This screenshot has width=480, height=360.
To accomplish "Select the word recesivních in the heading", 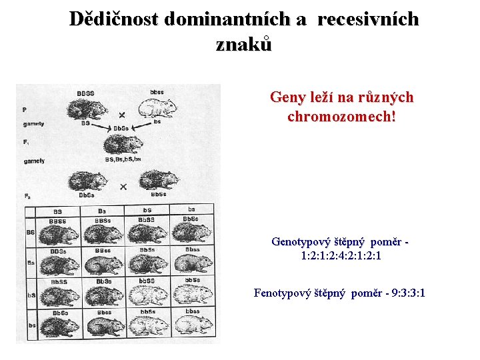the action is (368, 19).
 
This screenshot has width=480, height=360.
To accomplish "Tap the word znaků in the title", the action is (244, 44).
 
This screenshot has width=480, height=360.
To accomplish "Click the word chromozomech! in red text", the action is (341, 116).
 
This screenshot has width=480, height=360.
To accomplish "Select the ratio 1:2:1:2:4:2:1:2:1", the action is (341, 255).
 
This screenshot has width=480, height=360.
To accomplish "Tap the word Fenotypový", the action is (283, 293).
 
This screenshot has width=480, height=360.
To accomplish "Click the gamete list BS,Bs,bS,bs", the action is (123, 159).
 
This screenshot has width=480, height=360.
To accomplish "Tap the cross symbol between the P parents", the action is (122, 115).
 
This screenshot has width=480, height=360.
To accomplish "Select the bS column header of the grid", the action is (147, 210).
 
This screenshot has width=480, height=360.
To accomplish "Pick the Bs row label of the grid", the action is (31, 263).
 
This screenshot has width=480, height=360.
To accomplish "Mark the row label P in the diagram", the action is (25, 109).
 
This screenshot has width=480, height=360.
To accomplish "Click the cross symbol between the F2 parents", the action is (123, 186).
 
